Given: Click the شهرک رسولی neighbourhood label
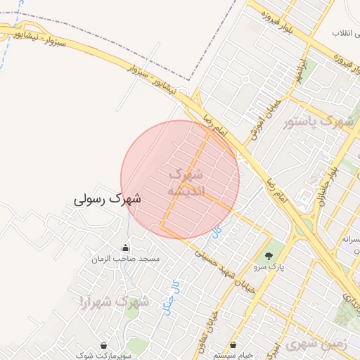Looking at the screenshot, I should click(108, 199).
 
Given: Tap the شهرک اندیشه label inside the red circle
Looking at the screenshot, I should click(186, 181).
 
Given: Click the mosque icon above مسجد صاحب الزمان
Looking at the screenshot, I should click(126, 247).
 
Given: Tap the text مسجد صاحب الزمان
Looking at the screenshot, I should click(126, 259).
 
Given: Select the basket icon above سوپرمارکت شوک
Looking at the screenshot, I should click(105, 345).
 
